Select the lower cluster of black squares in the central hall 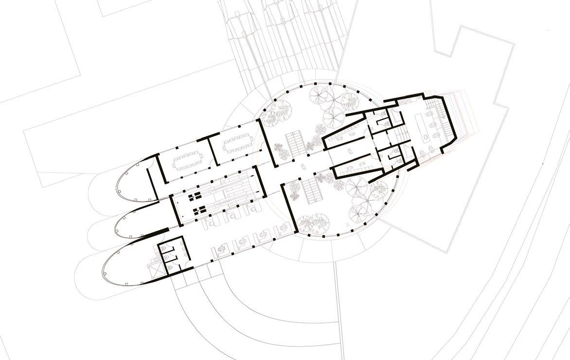[x=198, y=211]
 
